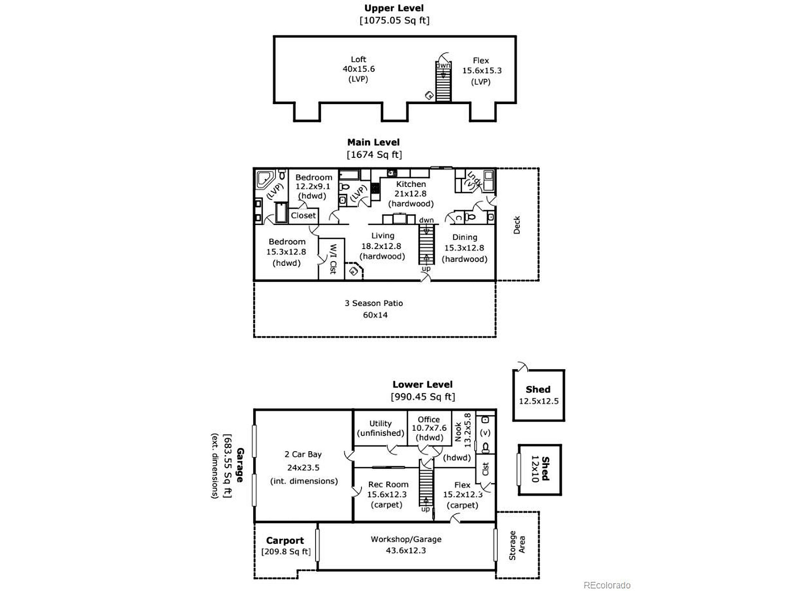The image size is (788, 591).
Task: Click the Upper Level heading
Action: click(x=394, y=8)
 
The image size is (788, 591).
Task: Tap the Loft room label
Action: click(x=358, y=59)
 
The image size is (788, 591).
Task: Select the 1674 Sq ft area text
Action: click(x=374, y=155)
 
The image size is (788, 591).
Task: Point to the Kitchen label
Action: click(x=411, y=184)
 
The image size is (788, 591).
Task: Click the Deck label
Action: click(x=517, y=225)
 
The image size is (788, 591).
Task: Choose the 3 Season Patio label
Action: click(x=374, y=303)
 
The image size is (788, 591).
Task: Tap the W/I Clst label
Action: click(x=333, y=259)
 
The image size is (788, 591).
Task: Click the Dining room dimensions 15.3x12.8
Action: click(x=464, y=248)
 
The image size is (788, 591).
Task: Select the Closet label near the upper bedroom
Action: click(x=303, y=215)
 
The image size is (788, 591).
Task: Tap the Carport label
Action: click(x=285, y=541)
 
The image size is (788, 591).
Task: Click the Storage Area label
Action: click(x=517, y=545)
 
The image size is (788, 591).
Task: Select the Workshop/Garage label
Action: click(x=406, y=539)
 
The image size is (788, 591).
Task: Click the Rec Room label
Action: click(x=388, y=484)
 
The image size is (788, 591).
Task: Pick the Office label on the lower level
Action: click(x=429, y=420)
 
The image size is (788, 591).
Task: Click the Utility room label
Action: click(x=380, y=424)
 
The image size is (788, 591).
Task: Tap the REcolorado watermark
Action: click(x=607, y=585)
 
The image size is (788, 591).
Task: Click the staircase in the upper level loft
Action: click(x=443, y=82)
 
